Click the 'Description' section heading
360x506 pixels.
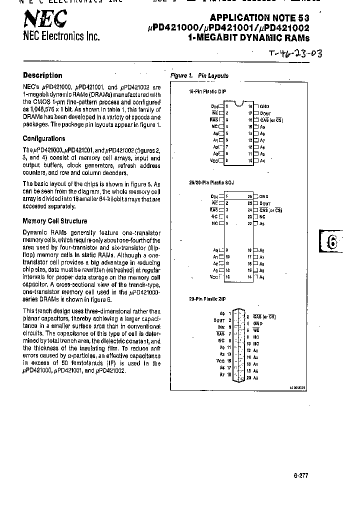42,75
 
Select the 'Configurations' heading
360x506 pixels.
44,138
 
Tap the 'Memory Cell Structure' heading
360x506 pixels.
55,220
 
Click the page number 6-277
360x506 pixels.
301,475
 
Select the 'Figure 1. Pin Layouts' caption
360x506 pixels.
199,75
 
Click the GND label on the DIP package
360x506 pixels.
264,106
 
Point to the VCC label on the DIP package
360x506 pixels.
214,161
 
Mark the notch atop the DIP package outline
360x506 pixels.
238,104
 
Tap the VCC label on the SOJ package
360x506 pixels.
214,276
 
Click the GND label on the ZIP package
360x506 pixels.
258,323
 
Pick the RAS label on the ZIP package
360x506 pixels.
220,333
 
